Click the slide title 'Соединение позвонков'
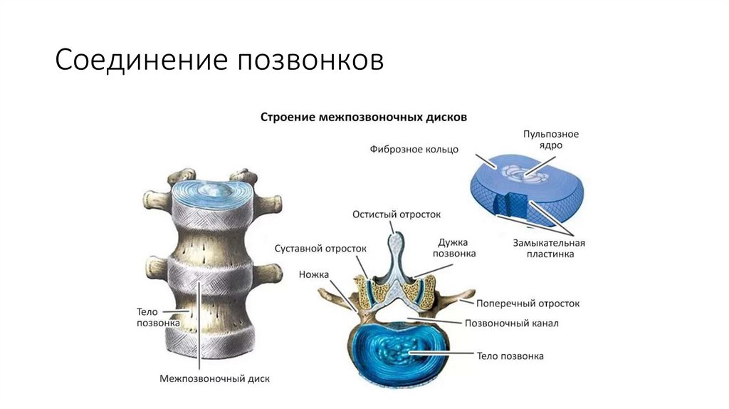pos(220,60)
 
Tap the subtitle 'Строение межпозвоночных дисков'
pos(363,117)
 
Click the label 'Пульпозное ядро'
pos(550,139)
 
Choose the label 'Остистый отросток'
pos(397,214)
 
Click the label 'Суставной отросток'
pos(320,248)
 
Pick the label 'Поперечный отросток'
pos(528,303)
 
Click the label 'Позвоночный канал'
pos(511,323)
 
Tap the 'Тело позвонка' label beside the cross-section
pos(510,356)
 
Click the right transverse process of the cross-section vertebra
pos(459,295)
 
